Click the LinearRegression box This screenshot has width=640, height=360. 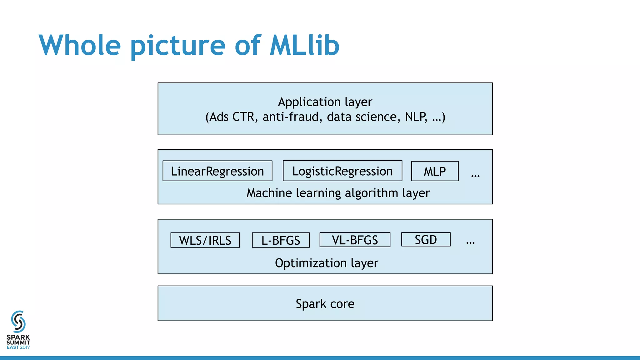coord(217,171)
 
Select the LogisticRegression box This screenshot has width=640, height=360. coord(342,171)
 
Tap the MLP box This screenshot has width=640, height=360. coord(435,171)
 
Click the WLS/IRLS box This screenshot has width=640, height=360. coord(205,240)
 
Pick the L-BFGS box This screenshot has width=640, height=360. coord(281,240)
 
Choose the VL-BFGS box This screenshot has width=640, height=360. coord(355,240)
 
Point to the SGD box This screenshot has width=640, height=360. coord(426,239)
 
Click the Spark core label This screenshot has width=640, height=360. coord(325,304)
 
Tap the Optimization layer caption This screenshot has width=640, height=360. coord(327,263)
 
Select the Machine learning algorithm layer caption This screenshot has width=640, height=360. coord(338,193)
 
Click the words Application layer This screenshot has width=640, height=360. coord(325,102)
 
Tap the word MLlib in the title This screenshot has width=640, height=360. coord(304,45)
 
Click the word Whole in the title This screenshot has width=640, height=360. coord(80,45)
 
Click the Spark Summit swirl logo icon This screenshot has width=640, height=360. coord(18,322)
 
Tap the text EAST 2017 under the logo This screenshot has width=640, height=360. coord(18,347)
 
